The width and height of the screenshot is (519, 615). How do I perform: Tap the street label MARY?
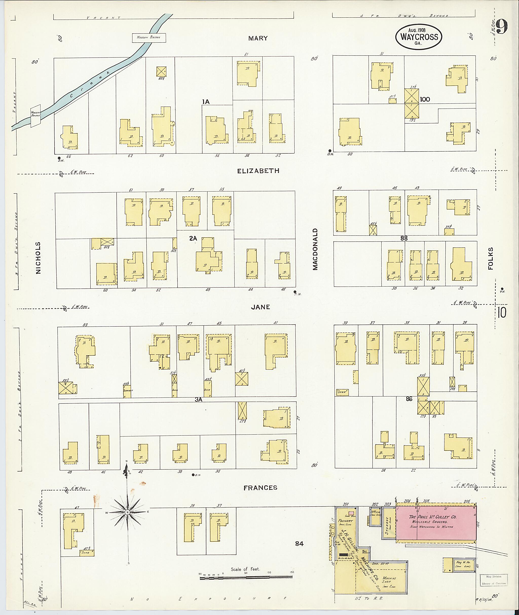258,38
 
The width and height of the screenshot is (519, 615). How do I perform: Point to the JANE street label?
260,307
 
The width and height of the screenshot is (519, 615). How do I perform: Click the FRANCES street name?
260,488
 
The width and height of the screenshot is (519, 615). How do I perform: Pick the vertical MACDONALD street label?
316,249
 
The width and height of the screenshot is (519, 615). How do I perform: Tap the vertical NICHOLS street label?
38,258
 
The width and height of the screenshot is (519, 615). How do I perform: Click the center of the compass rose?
127,512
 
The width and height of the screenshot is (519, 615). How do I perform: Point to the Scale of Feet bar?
246,578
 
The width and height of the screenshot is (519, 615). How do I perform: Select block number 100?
424,99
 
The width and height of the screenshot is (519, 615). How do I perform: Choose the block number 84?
300,544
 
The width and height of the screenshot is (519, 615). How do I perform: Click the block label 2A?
193,239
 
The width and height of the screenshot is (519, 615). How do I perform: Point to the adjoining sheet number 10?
502,312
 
